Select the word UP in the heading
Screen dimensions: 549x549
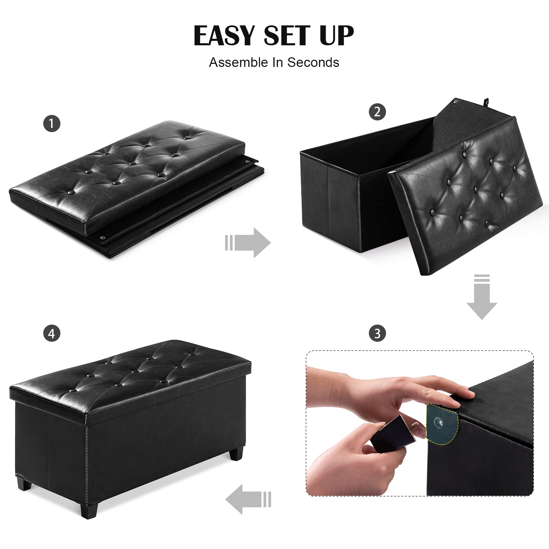pos(337,35)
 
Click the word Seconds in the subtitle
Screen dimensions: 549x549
pos(313,62)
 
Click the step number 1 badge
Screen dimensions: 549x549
pos(52,124)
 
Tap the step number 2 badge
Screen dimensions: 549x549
pos(377,112)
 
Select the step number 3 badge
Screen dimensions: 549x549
pos(377,333)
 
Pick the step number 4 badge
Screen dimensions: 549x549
pos(52,333)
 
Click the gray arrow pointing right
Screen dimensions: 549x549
pos(248,243)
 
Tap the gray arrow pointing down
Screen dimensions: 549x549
pos(482,297)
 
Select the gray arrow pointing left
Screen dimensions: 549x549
pos(248,499)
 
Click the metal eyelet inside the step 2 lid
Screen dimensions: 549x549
pos(455,102)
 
